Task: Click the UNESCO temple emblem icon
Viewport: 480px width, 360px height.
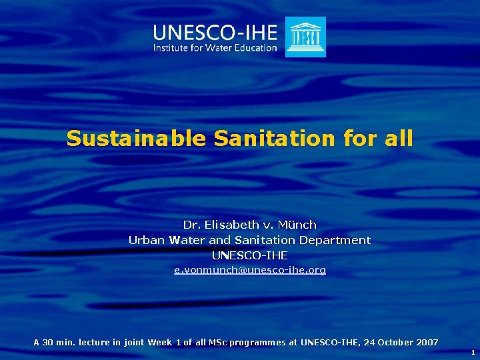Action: pos(305,37)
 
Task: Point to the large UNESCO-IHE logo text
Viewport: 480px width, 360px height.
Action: pos(215,31)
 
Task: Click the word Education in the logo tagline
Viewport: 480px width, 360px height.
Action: pos(253,48)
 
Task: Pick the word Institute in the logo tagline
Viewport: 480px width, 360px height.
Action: pos(171,48)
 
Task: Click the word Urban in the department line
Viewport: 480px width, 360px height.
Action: pos(147,240)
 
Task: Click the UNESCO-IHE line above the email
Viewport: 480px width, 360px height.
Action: pos(249,255)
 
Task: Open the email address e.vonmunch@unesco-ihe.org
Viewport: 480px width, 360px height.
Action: pos(249,270)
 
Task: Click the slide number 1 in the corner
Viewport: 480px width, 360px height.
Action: pos(473,352)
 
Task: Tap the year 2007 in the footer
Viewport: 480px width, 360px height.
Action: pos(426,343)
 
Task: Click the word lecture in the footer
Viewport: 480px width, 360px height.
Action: pos(94,343)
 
